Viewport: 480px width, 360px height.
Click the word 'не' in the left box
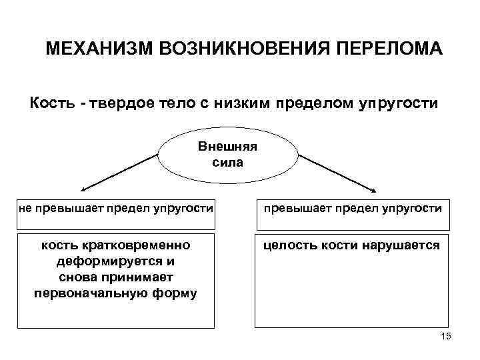(25, 209)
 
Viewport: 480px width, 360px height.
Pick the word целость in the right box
(289, 246)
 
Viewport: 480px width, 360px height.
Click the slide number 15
(446, 337)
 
